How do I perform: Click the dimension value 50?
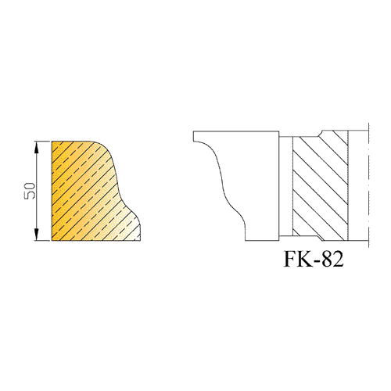point(30,191)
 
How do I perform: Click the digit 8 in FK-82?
point(326,260)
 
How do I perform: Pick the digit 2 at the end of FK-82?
point(338,260)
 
